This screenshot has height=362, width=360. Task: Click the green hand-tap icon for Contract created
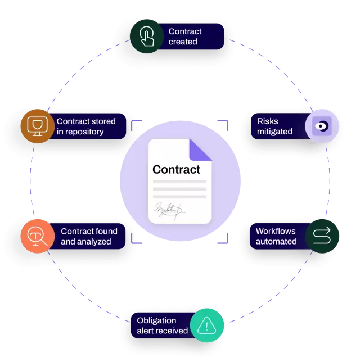(146, 37)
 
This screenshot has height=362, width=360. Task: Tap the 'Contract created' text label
(185, 37)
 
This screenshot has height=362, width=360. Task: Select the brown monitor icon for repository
(37, 126)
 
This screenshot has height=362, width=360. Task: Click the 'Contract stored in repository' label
(86, 126)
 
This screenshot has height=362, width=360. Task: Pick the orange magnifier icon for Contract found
(37, 236)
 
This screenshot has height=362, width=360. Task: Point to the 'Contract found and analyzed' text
(89, 236)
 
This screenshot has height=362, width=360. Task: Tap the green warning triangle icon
(207, 325)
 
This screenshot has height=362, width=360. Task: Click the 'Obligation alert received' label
(162, 325)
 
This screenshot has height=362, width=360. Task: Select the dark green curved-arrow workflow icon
(322, 236)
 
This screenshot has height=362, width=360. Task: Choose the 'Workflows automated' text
(276, 236)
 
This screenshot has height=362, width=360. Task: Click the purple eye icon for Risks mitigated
(322, 126)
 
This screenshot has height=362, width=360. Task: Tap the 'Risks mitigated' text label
(274, 126)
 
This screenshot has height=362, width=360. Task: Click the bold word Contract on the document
(176, 169)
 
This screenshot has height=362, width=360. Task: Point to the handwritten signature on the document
(169, 210)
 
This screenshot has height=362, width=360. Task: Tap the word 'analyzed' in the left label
(94, 242)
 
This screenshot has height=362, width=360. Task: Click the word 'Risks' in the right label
(268, 121)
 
